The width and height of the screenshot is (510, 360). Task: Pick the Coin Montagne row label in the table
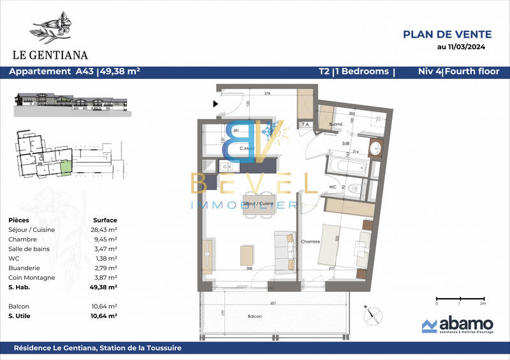pyautogui.click(x=32, y=278)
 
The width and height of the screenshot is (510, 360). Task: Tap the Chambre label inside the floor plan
pyautogui.click(x=310, y=241)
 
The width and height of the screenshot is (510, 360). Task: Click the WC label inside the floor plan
pyautogui.click(x=332, y=187)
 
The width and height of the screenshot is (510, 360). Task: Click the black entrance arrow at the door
pyautogui.click(x=215, y=103)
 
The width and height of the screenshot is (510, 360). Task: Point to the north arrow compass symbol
pyautogui.click(x=372, y=313)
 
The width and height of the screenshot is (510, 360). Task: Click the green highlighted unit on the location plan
pyautogui.click(x=66, y=168)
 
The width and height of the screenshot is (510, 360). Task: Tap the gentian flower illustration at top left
pyautogui.click(x=55, y=27)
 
